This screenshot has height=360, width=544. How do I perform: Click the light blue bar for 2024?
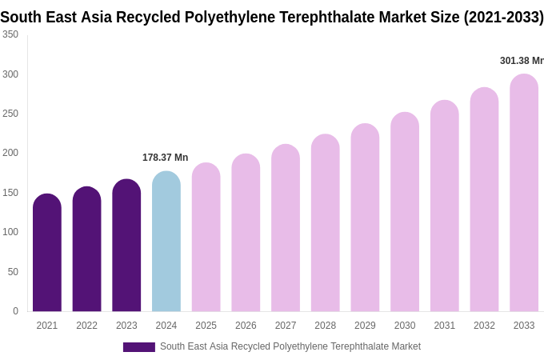coord(166,242)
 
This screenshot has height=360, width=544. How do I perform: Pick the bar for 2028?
coord(326,223)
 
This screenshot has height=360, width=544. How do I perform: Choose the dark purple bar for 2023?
coord(126,246)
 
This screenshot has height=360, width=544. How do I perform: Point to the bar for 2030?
coord(405,212)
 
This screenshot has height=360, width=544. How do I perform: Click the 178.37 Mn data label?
coord(166,158)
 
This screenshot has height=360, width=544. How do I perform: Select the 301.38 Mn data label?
coord(522,61)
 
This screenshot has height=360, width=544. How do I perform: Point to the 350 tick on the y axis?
coord(10,34)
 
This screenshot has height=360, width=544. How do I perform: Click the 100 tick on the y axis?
coord(10,232)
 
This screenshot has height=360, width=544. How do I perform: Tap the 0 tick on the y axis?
coord(15,311)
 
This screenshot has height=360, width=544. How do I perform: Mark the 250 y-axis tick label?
coord(10,114)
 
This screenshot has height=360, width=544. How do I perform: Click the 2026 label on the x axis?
coord(246,326)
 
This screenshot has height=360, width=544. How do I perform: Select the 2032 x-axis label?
coord(484,326)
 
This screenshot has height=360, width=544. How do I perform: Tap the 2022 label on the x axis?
coord(86,326)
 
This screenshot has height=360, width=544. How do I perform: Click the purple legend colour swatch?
coord(138,347)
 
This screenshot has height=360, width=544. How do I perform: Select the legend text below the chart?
coord(290,346)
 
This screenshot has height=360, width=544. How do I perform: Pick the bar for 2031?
coord(445,206)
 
